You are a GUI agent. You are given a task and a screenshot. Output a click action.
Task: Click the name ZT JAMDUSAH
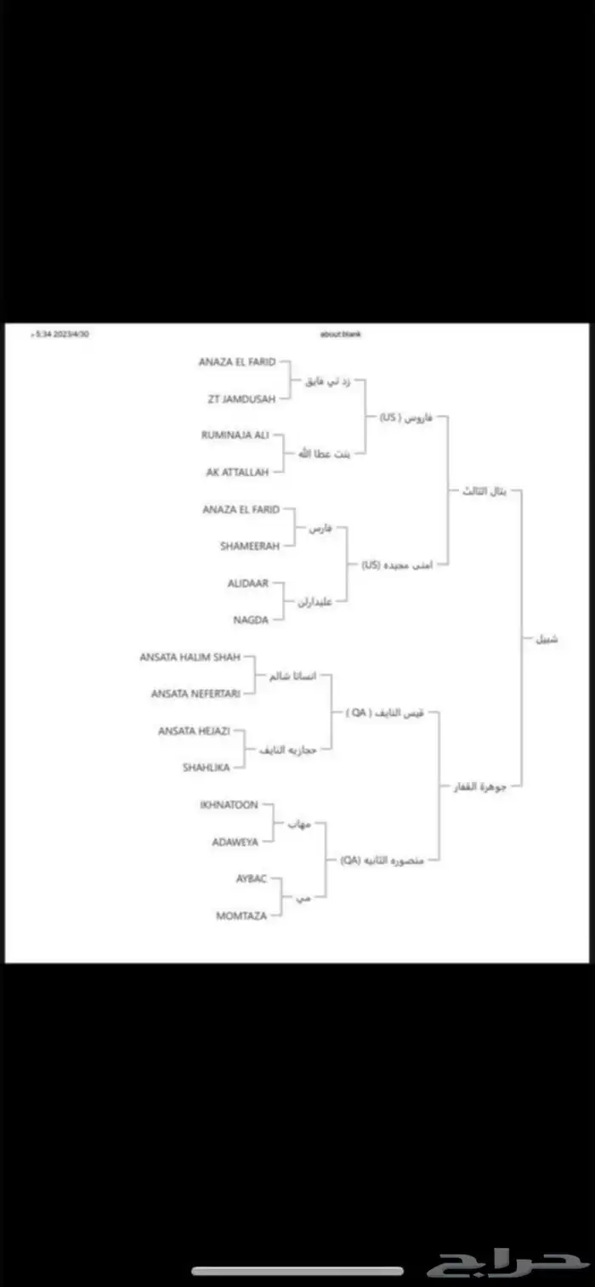(x=241, y=398)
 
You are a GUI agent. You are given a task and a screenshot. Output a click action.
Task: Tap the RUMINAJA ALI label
(x=235, y=434)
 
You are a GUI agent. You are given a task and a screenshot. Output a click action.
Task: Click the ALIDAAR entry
(x=248, y=583)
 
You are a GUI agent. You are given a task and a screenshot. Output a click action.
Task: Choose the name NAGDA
(x=250, y=620)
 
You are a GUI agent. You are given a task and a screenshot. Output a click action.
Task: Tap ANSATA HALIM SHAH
(x=190, y=656)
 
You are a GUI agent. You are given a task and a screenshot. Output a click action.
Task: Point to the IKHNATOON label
(x=229, y=804)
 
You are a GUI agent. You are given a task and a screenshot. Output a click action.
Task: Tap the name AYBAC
(x=251, y=878)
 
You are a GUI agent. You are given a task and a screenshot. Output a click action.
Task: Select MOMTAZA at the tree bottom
(x=242, y=916)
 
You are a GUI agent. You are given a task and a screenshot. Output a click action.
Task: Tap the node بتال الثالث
(x=483, y=490)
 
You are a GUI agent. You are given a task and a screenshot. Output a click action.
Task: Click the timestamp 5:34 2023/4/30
(x=60, y=334)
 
